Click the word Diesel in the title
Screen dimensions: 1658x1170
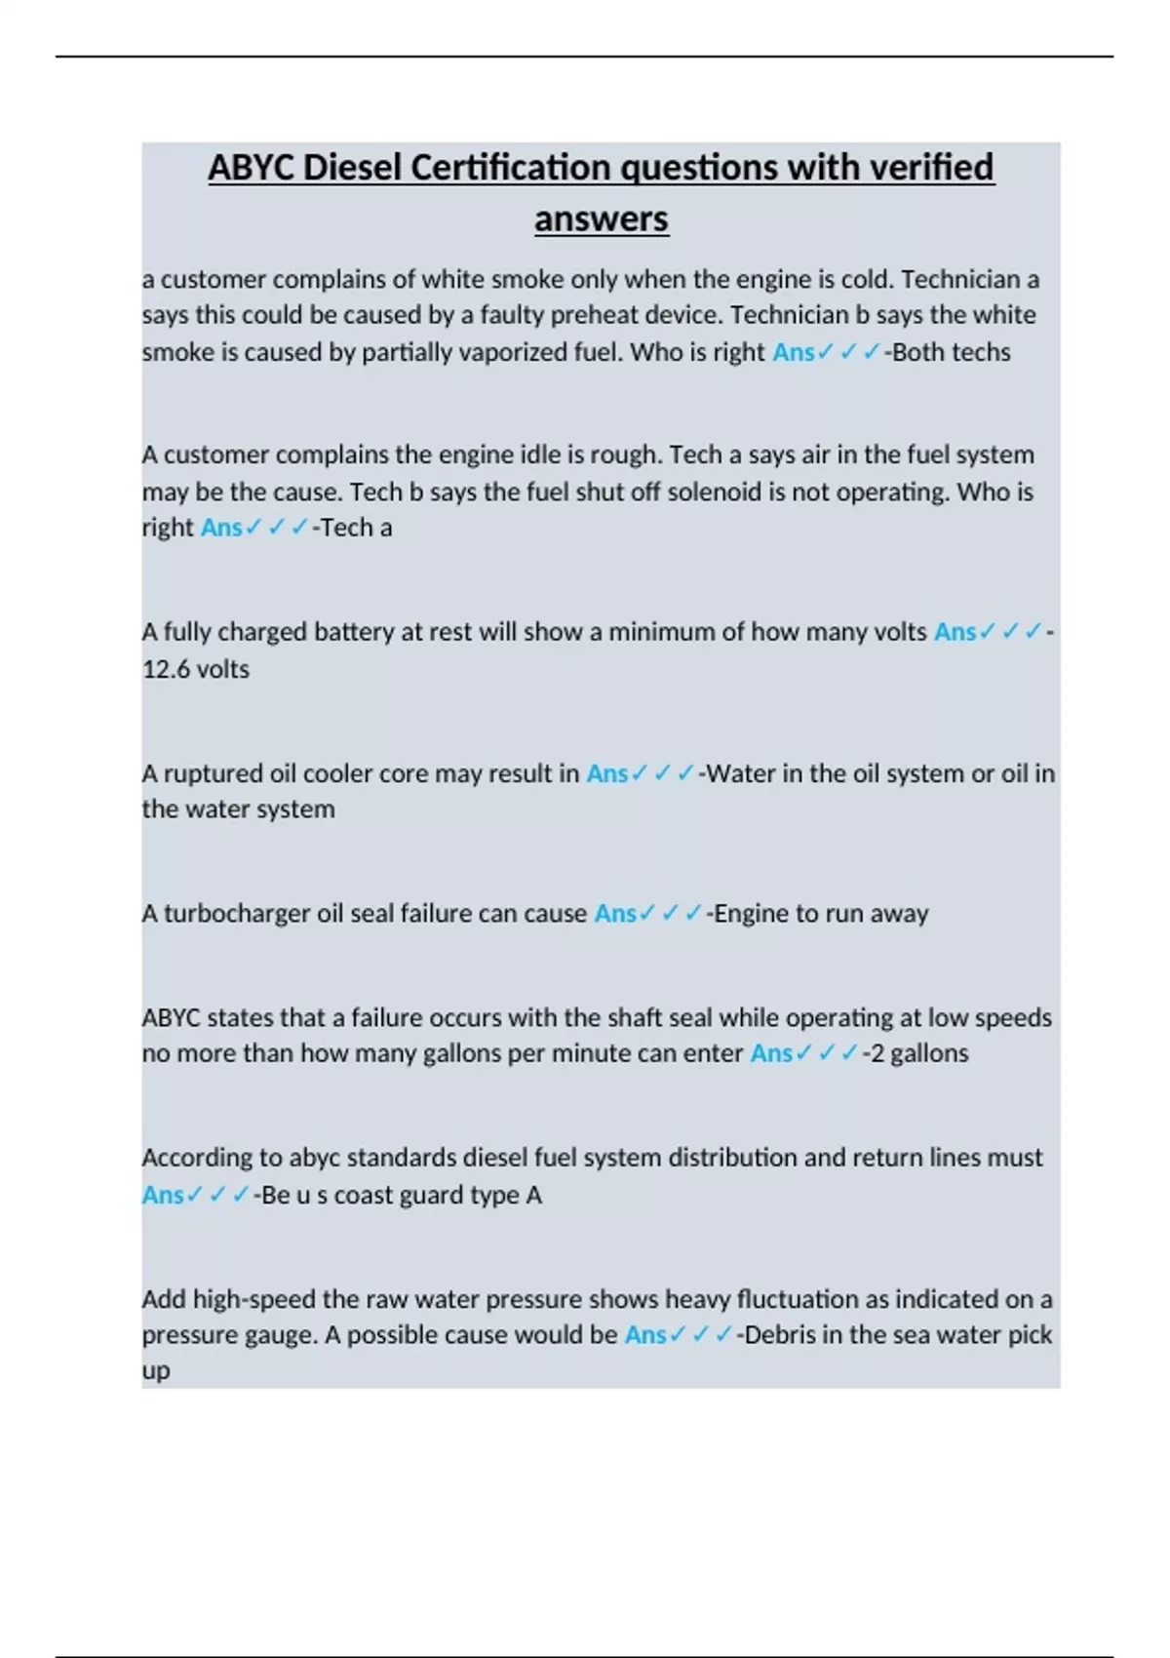click(352, 168)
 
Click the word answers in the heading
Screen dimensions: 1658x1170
click(601, 218)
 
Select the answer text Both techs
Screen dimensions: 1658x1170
click(951, 352)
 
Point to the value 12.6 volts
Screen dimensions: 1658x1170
click(195, 669)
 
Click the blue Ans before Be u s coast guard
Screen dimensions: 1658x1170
click(163, 1195)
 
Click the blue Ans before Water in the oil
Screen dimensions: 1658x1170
click(606, 773)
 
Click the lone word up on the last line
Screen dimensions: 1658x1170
click(156, 1371)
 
